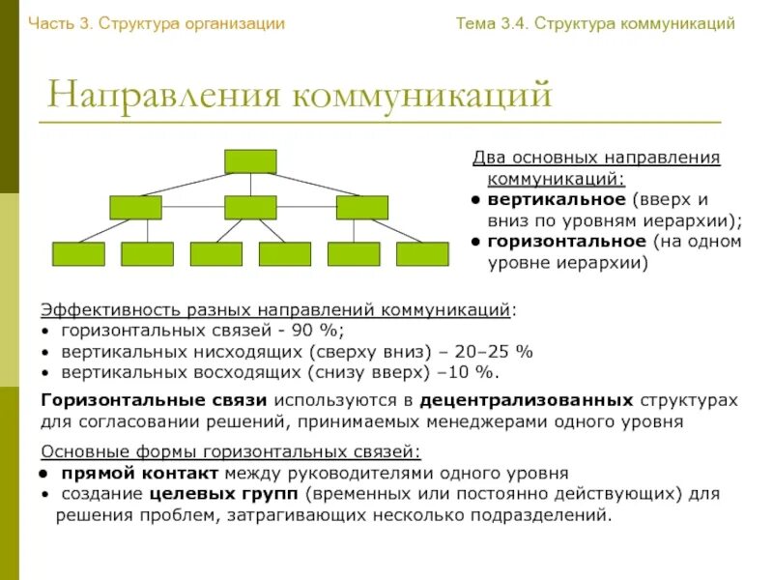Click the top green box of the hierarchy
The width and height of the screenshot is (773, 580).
(250, 161)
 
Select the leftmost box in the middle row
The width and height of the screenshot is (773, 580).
(135, 207)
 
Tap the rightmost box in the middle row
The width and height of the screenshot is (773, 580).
(362, 207)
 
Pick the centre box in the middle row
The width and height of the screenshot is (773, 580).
(250, 207)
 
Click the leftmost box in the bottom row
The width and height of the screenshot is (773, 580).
(77, 253)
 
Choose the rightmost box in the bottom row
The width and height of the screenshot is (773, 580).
(422, 253)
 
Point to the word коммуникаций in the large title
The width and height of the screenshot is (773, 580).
(423, 97)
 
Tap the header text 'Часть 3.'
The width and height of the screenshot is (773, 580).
(61, 23)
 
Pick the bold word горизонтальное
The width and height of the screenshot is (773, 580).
(567, 242)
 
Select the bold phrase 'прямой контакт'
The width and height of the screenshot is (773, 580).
(140, 474)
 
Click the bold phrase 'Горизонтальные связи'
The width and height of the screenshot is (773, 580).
(154, 400)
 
